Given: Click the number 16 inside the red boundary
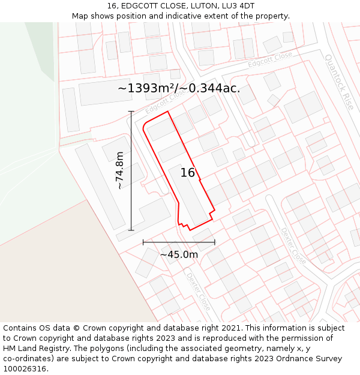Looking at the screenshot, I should point(188,173).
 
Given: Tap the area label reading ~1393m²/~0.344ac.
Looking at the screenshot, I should point(179,88).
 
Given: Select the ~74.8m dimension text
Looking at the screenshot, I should point(120,170).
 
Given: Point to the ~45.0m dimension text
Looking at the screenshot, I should point(179,254).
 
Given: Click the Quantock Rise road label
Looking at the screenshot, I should point(339,82).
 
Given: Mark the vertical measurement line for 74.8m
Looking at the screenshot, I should point(131,170).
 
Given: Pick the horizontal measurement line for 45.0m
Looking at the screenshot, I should point(179,242).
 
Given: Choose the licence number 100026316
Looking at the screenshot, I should point(25,369).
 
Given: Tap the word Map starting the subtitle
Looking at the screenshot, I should point(81,16).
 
